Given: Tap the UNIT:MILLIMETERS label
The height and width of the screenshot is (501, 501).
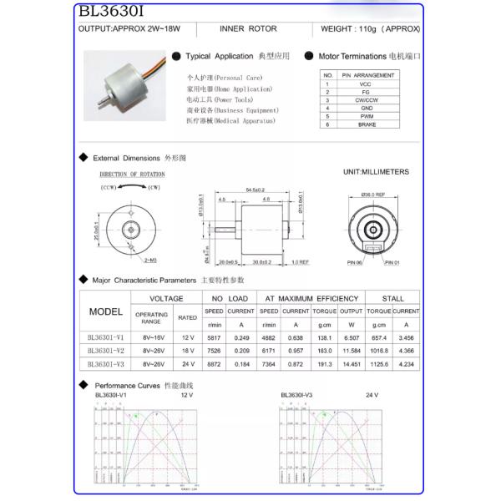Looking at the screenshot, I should point(376,172).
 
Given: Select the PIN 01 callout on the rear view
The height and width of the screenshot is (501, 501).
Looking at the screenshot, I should point(392,262).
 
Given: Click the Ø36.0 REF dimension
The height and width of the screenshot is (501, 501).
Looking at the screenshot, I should point(372,194).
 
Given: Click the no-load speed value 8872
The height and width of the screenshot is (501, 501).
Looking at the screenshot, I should point(214,365).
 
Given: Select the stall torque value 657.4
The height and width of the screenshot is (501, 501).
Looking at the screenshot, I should point(379,338).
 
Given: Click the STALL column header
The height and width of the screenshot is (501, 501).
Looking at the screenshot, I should point(392,298).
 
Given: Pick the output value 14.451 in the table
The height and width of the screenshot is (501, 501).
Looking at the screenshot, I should point(351,365).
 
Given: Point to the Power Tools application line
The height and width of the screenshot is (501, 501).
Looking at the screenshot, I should point(220,99).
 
